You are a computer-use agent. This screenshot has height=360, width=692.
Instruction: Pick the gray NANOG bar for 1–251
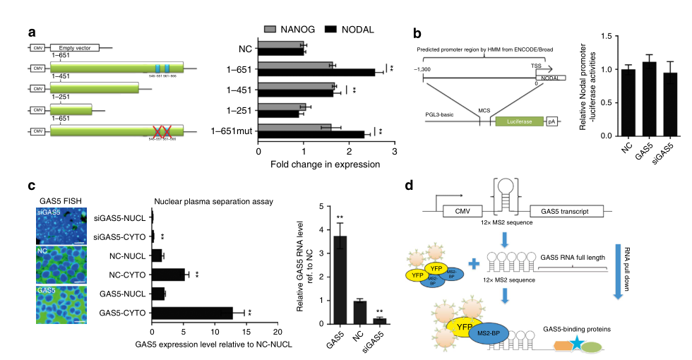coord(282,107)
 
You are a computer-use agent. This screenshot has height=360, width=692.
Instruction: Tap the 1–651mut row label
coord(232,131)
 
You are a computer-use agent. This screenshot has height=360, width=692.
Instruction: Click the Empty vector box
coord(74,48)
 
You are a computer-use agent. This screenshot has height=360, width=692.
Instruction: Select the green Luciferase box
coord(518,121)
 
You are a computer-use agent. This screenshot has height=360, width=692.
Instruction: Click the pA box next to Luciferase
coord(551,121)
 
